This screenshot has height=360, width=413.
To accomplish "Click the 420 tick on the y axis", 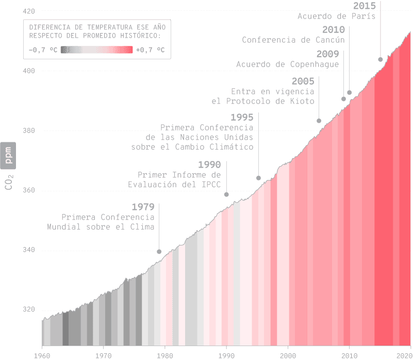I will [x=29, y=11].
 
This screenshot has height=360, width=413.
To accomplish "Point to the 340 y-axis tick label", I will [x=29, y=250].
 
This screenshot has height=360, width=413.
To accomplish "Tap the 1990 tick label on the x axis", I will [x=226, y=355].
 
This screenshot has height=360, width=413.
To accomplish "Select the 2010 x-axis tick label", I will [x=350, y=355].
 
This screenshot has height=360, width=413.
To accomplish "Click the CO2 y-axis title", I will [x=9, y=182].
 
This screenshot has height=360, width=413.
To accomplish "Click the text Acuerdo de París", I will [x=336, y=16].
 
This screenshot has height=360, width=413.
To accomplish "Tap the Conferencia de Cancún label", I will [x=293, y=40].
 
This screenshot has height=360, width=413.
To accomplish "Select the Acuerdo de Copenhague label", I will [x=287, y=64].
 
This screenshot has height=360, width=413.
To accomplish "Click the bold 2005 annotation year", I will [x=303, y=81].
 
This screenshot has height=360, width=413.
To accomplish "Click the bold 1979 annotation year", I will [x=143, y=207].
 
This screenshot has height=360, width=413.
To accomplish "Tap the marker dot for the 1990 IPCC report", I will [x=226, y=194].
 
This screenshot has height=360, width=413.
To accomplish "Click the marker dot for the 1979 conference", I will [x=159, y=252].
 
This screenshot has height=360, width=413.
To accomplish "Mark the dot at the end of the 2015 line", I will [x=381, y=59].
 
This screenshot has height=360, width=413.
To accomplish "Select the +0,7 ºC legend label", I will [x=151, y=50].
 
